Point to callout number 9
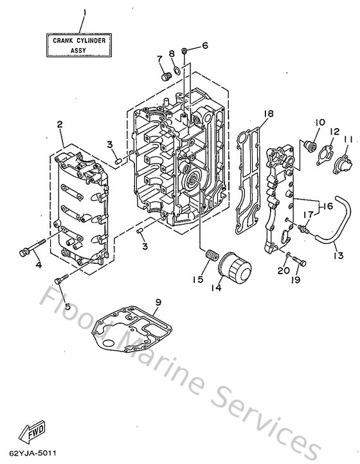157,302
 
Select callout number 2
59,125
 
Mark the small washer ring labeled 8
175,70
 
